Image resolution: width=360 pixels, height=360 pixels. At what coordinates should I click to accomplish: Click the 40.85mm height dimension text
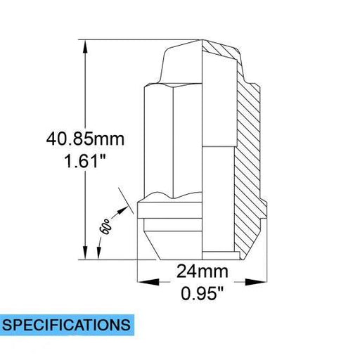tap(85, 139)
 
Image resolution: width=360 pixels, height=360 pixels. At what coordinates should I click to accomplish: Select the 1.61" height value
tap(85, 161)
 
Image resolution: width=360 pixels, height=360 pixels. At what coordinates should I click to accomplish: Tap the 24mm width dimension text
tap(202, 271)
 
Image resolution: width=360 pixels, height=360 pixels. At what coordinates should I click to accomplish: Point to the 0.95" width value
tap(202, 293)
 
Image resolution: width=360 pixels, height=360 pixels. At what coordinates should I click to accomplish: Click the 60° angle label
tap(105, 226)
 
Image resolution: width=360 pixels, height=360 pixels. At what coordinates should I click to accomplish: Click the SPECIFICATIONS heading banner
tap(67, 325)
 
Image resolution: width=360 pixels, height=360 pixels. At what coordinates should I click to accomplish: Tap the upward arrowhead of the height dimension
tap(85, 47)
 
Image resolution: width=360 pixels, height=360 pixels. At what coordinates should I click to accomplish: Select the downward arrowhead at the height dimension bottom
tap(85, 252)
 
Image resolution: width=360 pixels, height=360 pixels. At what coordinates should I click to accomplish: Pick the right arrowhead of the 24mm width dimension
tap(256, 282)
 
